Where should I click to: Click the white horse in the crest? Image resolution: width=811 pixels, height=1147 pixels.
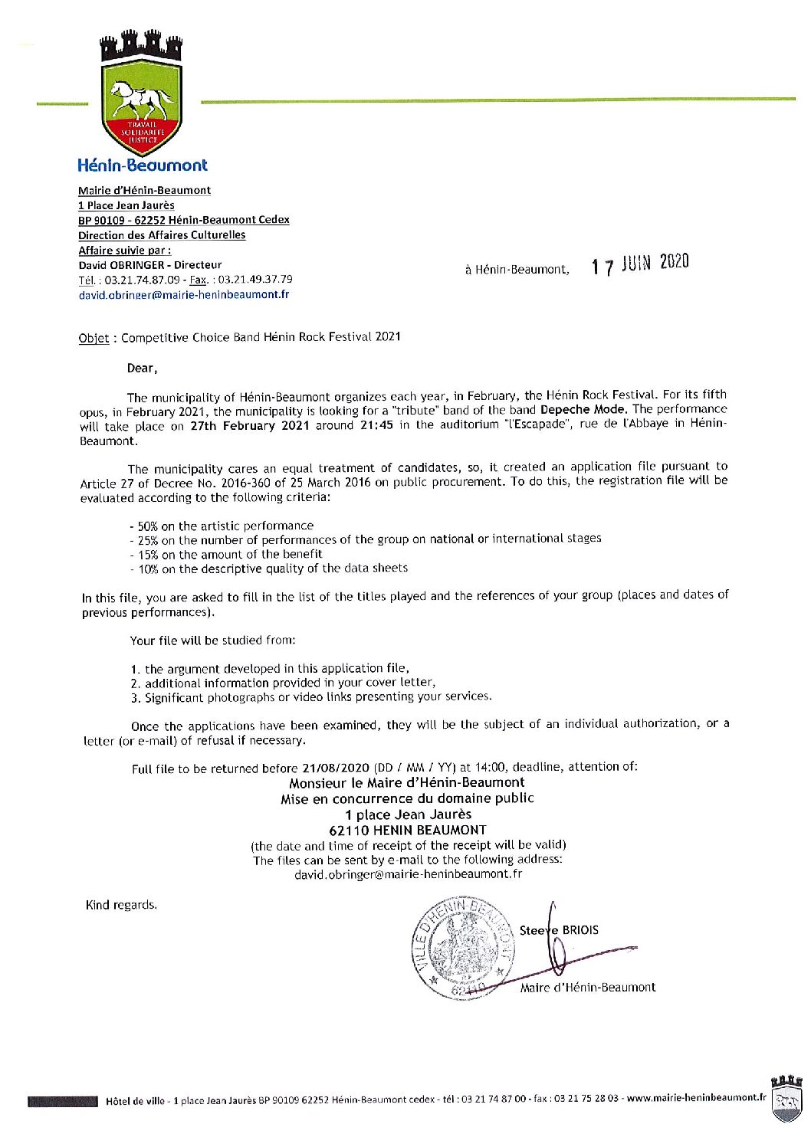[142, 99]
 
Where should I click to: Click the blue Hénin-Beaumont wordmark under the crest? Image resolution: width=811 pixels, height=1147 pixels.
[143, 165]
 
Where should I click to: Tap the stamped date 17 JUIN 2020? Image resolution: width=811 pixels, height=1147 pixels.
[640, 264]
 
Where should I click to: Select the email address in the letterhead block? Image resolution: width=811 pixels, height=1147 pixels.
[184, 294]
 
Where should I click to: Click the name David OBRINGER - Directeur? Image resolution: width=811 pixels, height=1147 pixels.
[150, 265]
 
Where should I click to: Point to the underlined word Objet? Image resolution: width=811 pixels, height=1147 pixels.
[94, 338]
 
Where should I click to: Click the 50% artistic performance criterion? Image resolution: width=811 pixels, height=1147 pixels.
[222, 526]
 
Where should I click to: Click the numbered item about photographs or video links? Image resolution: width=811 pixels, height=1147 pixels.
[311, 697]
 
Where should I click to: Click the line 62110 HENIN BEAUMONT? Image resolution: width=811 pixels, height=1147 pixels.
[407, 830]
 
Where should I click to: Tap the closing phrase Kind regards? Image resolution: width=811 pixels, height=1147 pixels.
[121, 905]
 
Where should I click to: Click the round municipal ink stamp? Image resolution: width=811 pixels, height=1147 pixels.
[463, 949]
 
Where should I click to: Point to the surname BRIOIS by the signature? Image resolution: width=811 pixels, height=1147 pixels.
[580, 930]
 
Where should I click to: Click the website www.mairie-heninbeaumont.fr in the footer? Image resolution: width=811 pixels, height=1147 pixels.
[696, 1098]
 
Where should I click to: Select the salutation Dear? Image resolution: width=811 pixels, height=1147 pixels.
[142, 368]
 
